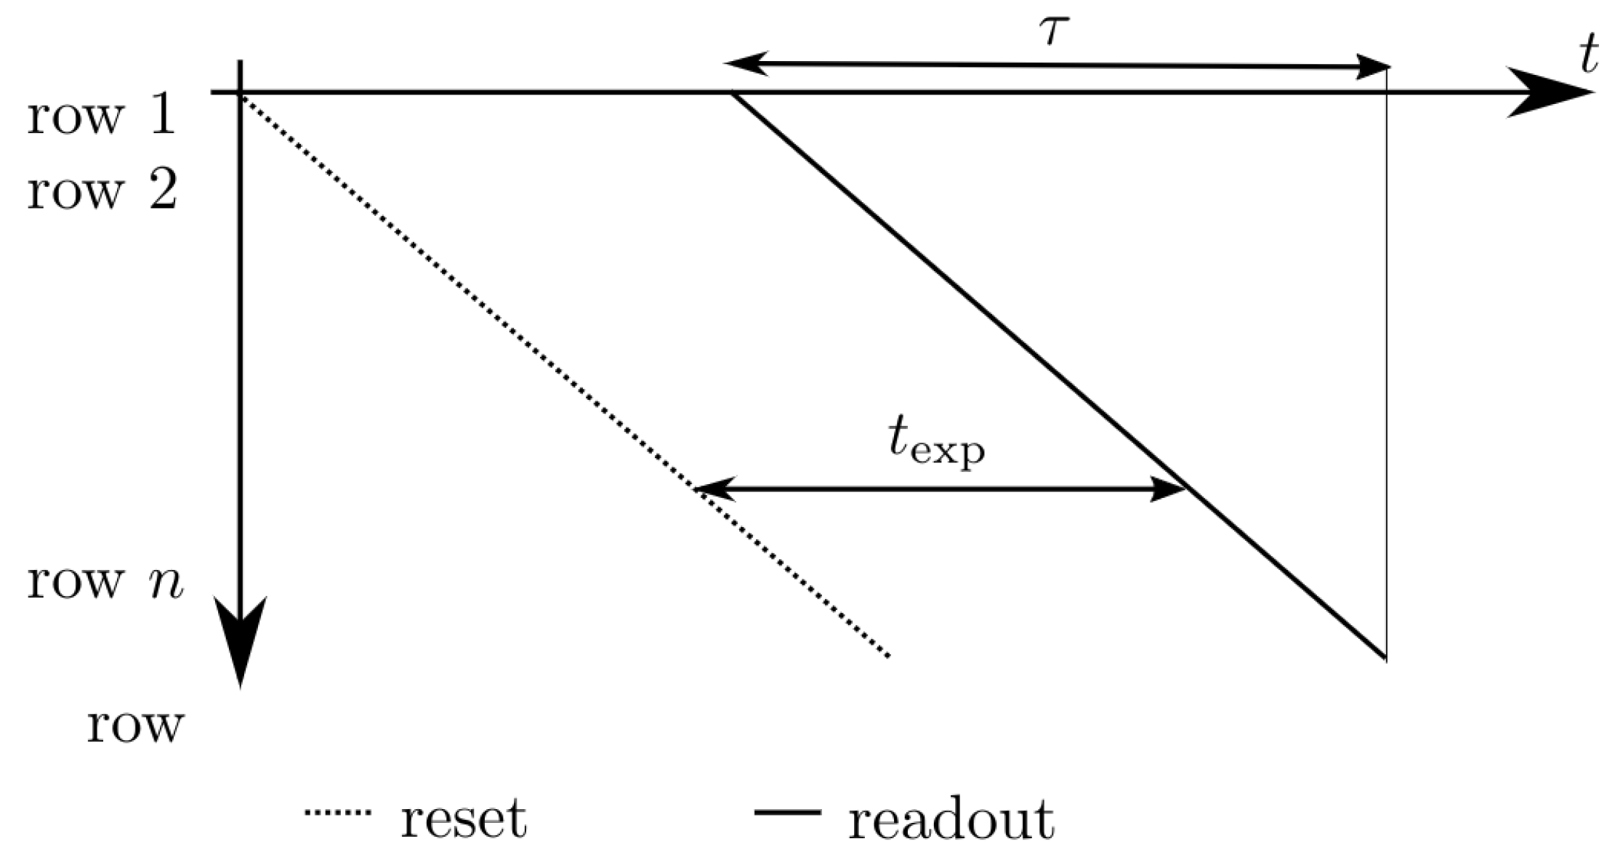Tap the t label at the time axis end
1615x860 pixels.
coord(1589,57)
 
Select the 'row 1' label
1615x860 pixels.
coord(102,116)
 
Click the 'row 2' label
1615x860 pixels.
coord(102,191)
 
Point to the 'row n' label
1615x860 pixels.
coord(105,582)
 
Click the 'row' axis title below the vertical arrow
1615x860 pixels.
coord(136,725)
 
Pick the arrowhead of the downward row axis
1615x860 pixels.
coord(241,640)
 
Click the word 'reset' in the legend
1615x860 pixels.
coord(463,819)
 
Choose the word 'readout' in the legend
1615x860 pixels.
coord(951,819)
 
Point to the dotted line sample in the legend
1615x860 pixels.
coord(338,813)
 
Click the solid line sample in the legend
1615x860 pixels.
coord(787,812)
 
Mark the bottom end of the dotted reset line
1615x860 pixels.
coord(888,656)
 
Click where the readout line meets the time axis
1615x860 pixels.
coord(733,93)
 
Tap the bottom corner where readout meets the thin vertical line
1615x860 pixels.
coord(1385,658)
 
